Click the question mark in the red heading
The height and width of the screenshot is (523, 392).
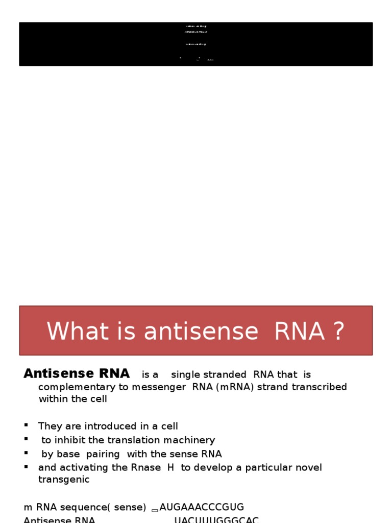(x=338, y=331)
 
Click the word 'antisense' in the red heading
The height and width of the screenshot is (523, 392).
(x=201, y=331)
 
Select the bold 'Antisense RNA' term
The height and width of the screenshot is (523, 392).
(x=77, y=373)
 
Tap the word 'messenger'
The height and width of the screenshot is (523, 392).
(x=159, y=387)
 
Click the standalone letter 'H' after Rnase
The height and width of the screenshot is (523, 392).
(x=170, y=468)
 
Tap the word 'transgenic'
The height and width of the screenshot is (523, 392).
(x=64, y=480)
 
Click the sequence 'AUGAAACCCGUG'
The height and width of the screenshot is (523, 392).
(x=202, y=507)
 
